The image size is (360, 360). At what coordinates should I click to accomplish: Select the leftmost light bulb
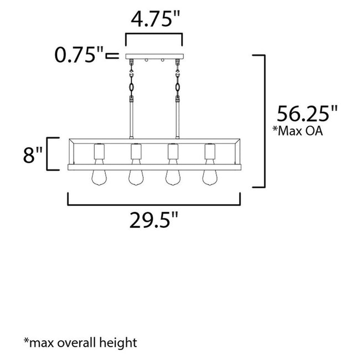(100, 177)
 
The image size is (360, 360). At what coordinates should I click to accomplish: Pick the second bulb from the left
(136, 177)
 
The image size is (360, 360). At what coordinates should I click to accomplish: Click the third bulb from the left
(172, 177)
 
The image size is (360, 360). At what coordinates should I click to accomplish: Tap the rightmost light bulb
(209, 177)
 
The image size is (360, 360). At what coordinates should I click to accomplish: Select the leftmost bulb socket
(100, 152)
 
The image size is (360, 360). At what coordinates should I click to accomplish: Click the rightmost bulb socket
(209, 152)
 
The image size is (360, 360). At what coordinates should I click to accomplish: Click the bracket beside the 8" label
(52, 153)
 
